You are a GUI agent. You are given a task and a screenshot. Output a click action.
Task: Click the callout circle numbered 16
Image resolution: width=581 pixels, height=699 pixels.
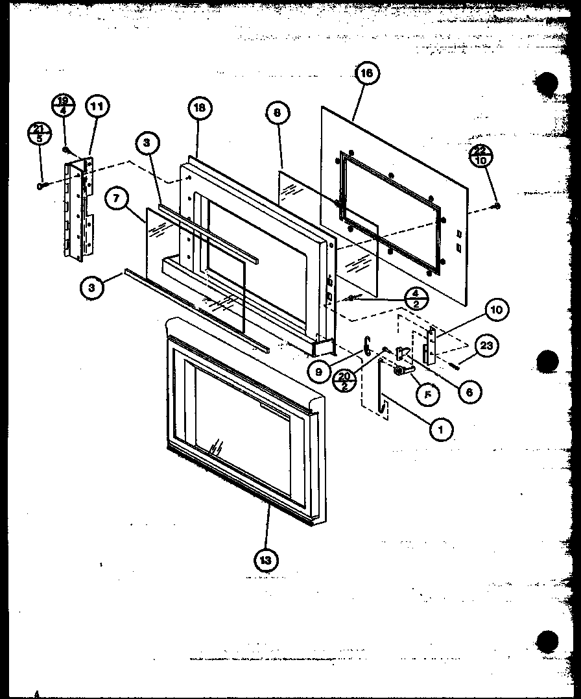coord(366,73)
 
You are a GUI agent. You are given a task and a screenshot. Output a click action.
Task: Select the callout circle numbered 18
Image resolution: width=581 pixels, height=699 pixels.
coord(200,108)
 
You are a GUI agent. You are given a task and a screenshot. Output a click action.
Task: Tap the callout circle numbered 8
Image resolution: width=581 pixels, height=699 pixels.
coord(278,112)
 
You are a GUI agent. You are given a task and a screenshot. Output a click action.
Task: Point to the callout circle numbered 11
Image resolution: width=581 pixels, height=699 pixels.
coord(97,106)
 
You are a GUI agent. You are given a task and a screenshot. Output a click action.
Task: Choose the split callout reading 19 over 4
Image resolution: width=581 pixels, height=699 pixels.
coord(64,105)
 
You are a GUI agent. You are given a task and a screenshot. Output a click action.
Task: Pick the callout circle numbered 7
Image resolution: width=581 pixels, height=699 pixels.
coord(117,199)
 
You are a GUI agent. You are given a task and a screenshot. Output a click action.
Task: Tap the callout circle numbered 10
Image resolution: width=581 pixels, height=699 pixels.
coord(496,310)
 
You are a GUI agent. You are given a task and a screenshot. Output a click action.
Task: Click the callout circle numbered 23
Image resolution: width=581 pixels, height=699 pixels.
coord(486,346)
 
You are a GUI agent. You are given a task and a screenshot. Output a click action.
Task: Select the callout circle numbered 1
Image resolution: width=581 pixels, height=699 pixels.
coord(441,429)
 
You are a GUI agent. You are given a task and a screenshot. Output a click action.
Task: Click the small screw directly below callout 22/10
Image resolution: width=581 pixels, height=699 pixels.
coord(497,206)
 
